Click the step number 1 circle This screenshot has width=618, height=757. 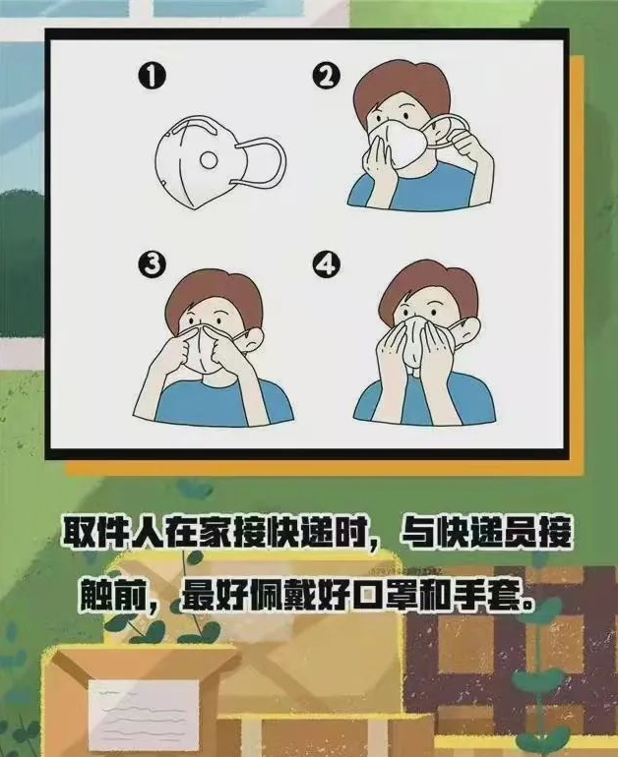153,78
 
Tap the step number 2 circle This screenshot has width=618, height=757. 326,78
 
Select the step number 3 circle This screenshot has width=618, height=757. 153,265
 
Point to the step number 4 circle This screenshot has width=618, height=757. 326,265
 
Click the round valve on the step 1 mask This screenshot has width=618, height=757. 209,160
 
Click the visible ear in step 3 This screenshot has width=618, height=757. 253,337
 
